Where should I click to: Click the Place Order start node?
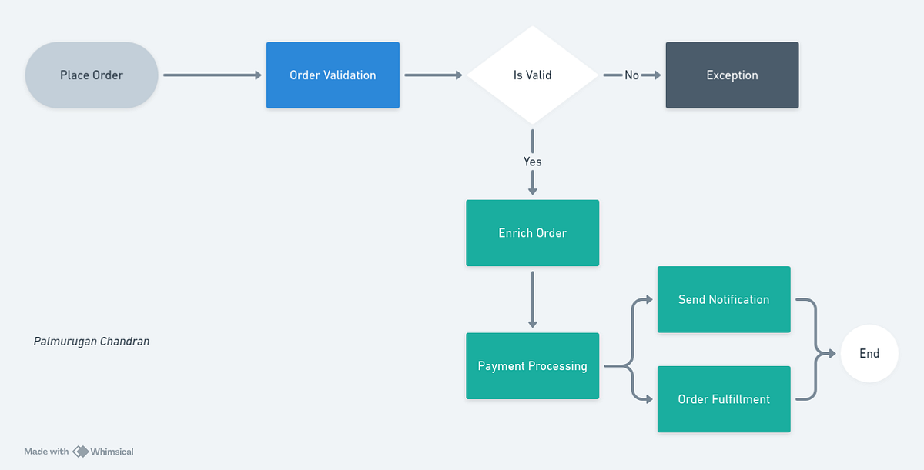pyautogui.click(x=92, y=75)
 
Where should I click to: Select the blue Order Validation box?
pyautogui.click(x=333, y=75)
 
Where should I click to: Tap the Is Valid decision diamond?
pyautogui.click(x=532, y=75)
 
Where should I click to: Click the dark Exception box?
pyautogui.click(x=731, y=75)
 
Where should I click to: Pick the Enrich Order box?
pyautogui.click(x=532, y=233)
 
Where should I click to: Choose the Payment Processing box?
pyautogui.click(x=532, y=366)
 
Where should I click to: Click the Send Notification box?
pyautogui.click(x=723, y=299)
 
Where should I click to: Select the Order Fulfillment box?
pyautogui.click(x=723, y=399)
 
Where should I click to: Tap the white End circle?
pyautogui.click(x=869, y=354)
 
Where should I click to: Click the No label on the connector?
pyautogui.click(x=631, y=75)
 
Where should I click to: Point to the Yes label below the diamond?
pyautogui.click(x=532, y=162)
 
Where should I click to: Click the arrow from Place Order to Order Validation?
pyautogui.click(x=213, y=75)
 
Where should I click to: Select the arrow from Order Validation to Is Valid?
pyautogui.click(x=433, y=75)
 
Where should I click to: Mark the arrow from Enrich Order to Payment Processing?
pyautogui.click(x=532, y=299)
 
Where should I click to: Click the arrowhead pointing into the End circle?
pyautogui.click(x=832, y=354)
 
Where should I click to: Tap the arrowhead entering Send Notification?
pyautogui.click(x=649, y=299)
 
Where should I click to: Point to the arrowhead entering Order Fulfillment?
pyautogui.click(x=649, y=399)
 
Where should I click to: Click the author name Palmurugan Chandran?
pyautogui.click(x=92, y=341)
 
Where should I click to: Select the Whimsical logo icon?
pyautogui.click(x=80, y=452)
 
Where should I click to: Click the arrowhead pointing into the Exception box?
pyautogui.click(x=655, y=75)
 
